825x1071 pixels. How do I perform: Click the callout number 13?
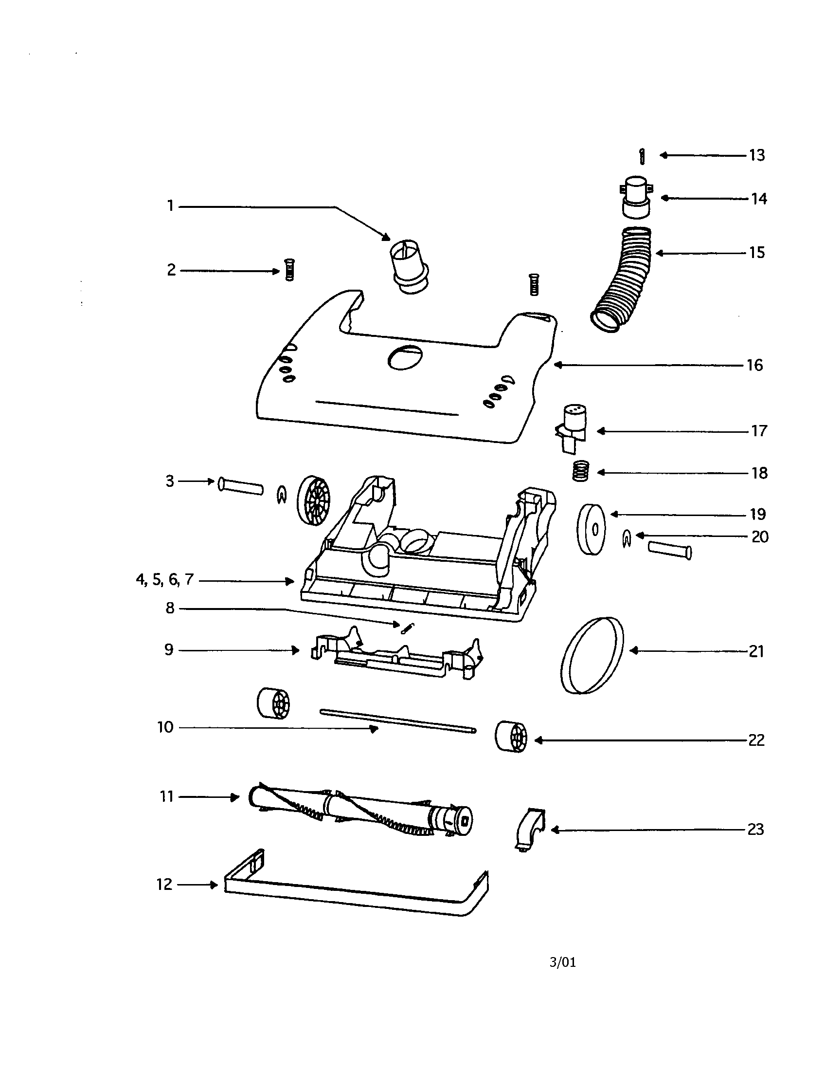[x=757, y=155]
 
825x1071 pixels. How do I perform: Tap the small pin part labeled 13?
[x=642, y=156]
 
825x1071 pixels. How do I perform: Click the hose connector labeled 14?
[x=637, y=197]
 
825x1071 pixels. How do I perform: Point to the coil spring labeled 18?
[x=580, y=472]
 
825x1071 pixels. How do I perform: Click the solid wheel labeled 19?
[x=591, y=530]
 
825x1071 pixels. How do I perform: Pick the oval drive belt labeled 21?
[x=592, y=655]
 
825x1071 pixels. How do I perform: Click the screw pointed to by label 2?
[x=289, y=270]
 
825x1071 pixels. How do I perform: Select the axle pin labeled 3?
[x=240, y=486]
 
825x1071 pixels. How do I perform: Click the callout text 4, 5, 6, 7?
[x=164, y=580]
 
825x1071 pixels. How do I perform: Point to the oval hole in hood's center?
[x=405, y=356]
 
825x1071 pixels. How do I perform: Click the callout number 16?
[x=754, y=365]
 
